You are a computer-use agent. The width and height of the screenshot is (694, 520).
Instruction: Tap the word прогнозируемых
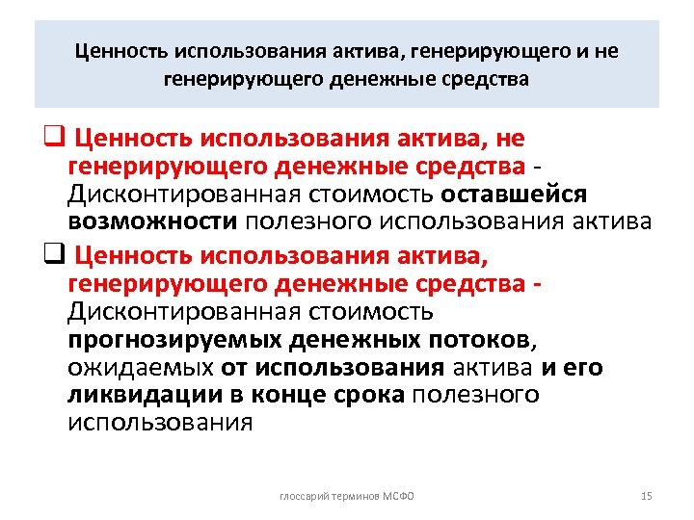(x=171, y=340)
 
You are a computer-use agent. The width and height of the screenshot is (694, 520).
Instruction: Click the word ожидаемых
(x=140, y=368)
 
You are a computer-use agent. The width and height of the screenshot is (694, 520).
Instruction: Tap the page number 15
(x=647, y=496)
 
